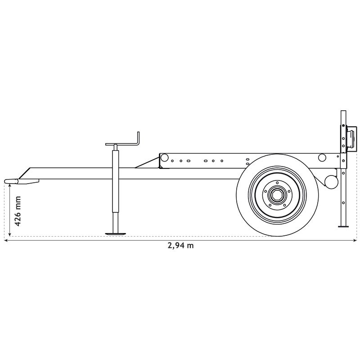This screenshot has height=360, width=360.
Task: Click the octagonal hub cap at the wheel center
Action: pyautogui.click(x=277, y=196)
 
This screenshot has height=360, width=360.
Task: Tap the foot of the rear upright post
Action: pyautogui.click(x=344, y=226)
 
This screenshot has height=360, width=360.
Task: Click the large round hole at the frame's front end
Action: pyautogui.click(x=164, y=157)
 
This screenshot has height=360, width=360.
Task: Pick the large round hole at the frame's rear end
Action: pyautogui.click(x=322, y=157)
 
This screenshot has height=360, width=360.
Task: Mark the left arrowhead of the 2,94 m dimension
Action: pyautogui.click(x=6, y=240)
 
